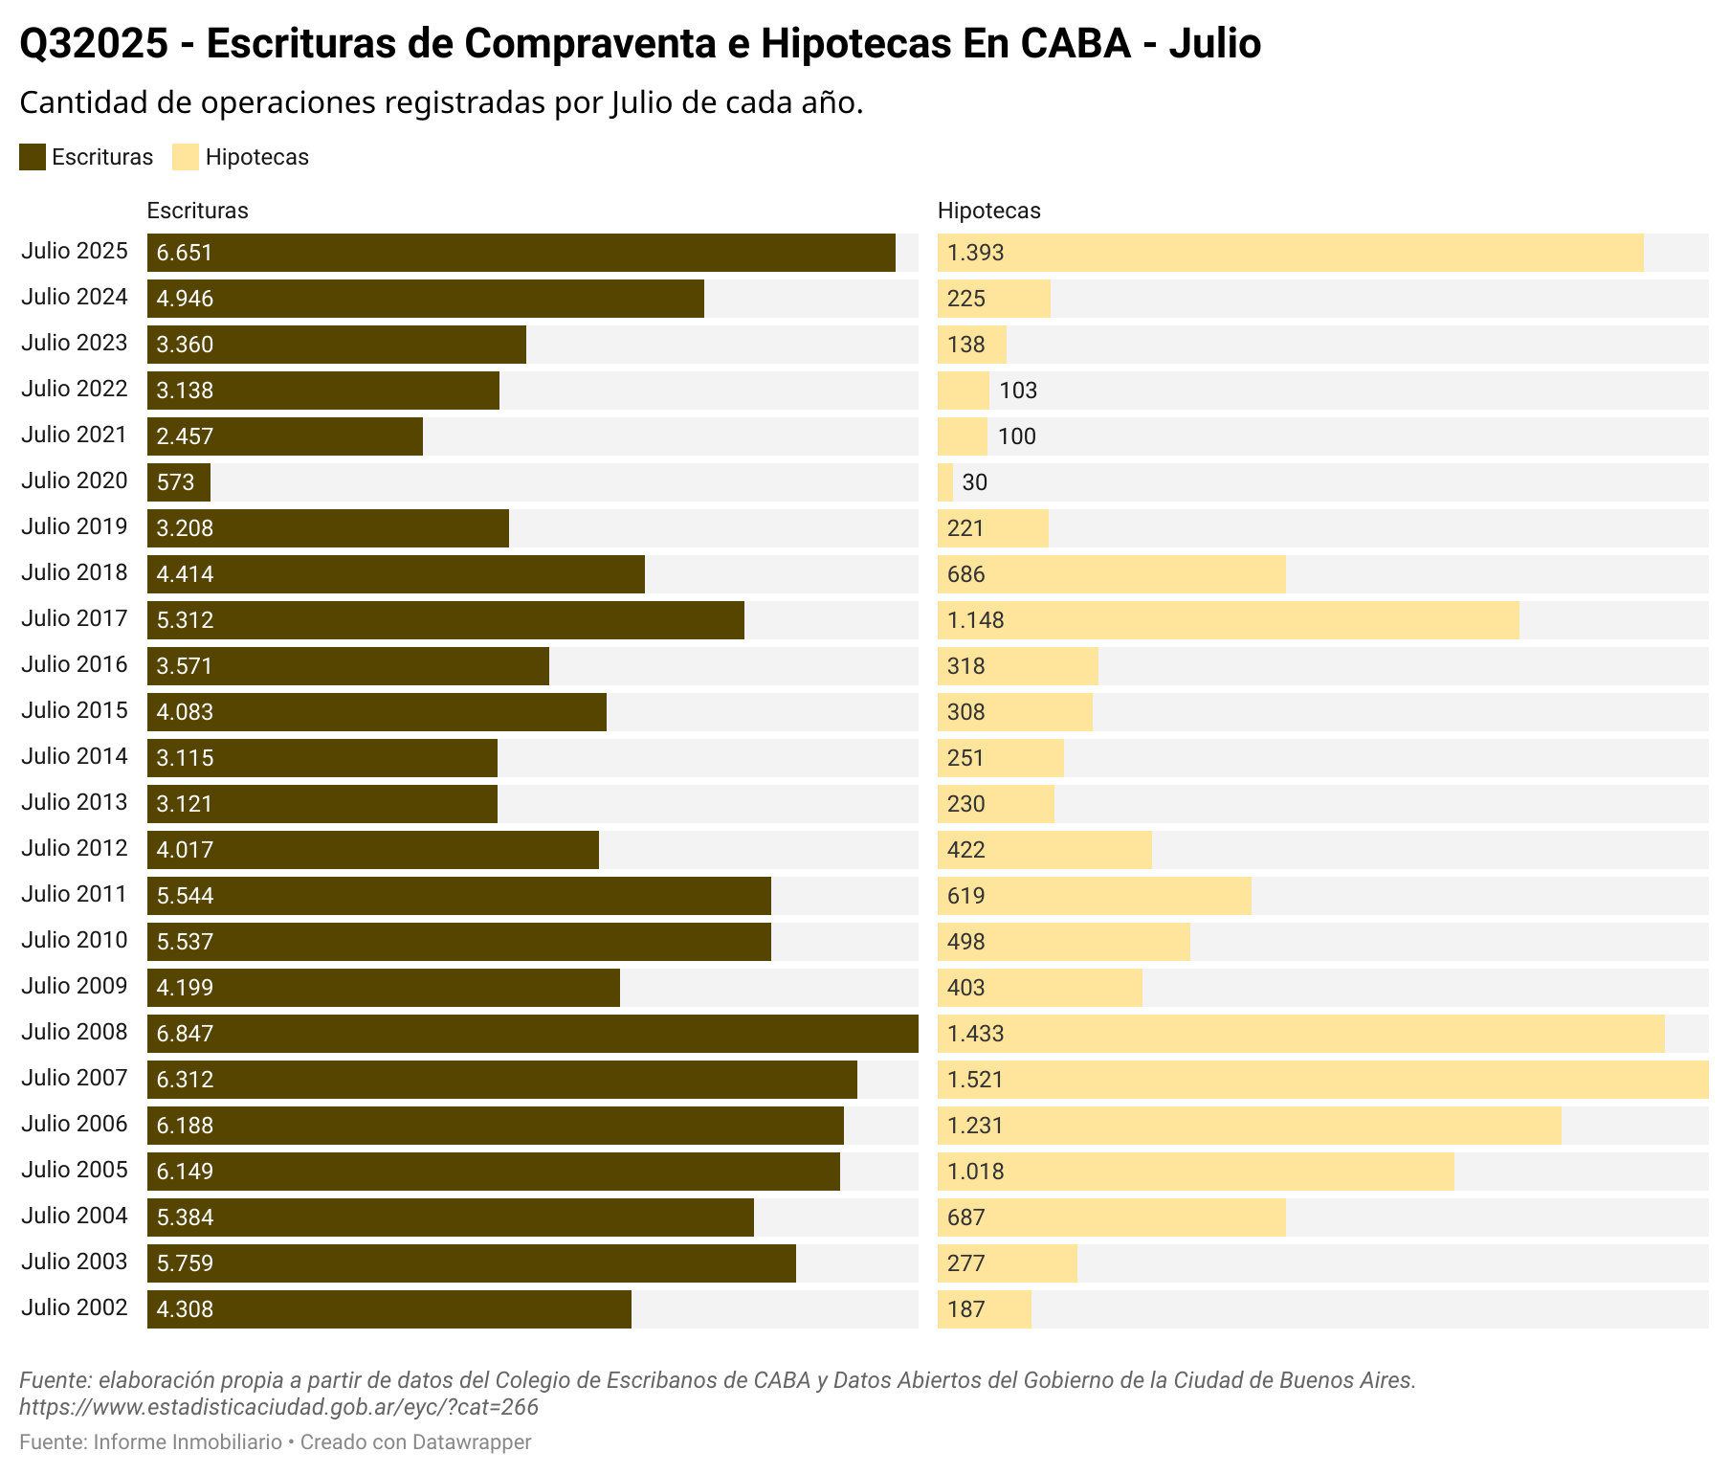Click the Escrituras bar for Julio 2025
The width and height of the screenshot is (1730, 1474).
click(521, 253)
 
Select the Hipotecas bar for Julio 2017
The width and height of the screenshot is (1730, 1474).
click(1228, 620)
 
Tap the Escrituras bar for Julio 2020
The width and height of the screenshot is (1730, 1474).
click(179, 482)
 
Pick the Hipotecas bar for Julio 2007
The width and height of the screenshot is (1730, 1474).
click(1322, 1080)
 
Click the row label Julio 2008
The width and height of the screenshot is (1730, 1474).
click(75, 1032)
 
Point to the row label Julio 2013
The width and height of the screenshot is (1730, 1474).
click(75, 802)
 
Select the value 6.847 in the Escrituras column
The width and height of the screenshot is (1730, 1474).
click(186, 1034)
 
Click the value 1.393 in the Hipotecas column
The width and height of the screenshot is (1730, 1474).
click(976, 253)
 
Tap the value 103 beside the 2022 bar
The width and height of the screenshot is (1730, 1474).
click(1018, 391)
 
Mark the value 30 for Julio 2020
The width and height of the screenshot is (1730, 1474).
click(975, 482)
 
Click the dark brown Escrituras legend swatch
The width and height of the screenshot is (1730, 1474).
click(33, 157)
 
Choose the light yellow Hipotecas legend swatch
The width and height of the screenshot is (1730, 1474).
click(186, 157)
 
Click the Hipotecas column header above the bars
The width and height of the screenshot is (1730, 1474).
click(989, 211)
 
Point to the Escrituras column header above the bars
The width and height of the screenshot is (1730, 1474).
click(198, 211)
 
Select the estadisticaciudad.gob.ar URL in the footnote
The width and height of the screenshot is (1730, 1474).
click(278, 1407)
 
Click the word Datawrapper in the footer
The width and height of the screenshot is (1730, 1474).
click(472, 1442)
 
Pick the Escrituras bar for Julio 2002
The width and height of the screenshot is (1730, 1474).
click(389, 1309)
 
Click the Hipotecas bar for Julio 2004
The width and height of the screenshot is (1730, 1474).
click(1111, 1217)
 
